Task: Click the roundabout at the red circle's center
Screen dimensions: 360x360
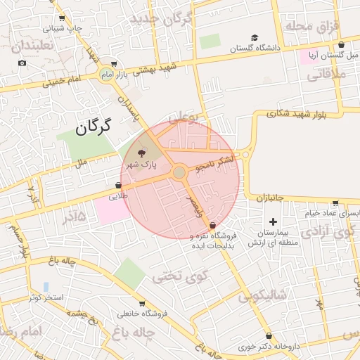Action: (x=179, y=172)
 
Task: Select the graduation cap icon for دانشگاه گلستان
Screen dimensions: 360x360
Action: (x=254, y=38)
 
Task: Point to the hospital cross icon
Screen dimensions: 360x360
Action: (x=274, y=222)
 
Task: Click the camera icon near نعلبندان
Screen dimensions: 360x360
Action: (x=22, y=63)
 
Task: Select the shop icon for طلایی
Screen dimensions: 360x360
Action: (x=118, y=186)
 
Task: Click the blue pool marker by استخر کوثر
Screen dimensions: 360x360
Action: (x=46, y=287)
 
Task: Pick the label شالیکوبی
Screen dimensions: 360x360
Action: (x=264, y=297)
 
